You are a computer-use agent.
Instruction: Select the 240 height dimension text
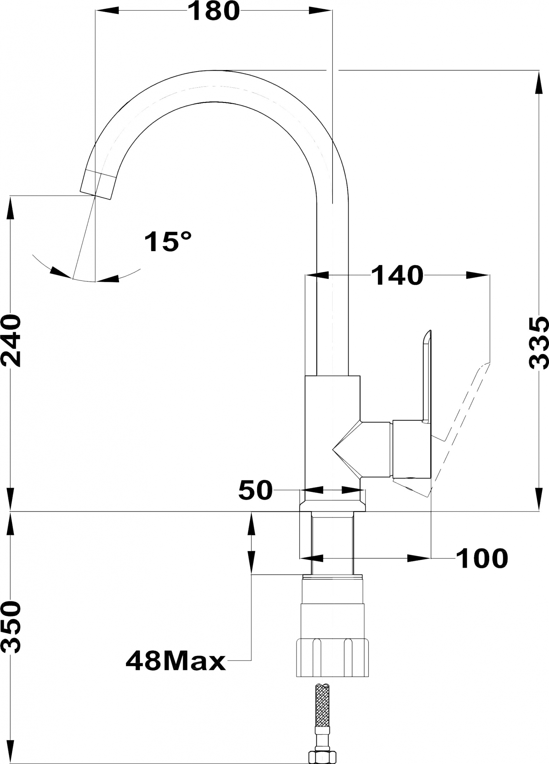(x=11, y=341)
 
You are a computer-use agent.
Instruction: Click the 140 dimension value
(x=398, y=275)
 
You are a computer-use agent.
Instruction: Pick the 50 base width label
(x=255, y=490)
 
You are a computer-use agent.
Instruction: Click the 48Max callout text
(x=176, y=661)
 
